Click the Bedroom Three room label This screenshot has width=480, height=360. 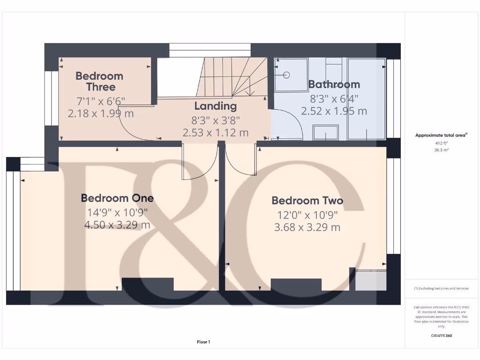[x=99, y=81]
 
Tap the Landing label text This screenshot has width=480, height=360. [x=216, y=106]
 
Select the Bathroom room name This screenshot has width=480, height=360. [x=334, y=84]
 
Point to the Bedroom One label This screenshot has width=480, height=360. [x=117, y=198]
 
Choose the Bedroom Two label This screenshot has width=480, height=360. [x=307, y=201]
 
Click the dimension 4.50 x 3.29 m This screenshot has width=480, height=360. [x=117, y=225]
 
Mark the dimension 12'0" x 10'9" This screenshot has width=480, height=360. [x=307, y=216]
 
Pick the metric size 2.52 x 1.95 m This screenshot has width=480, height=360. [x=334, y=111]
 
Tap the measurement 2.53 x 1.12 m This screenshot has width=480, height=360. [x=216, y=133]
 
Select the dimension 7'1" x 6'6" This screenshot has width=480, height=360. [x=101, y=100]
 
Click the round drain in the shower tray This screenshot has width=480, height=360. [x=287, y=74]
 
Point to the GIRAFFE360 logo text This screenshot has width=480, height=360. [x=441, y=336]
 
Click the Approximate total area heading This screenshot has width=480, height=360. [x=441, y=135]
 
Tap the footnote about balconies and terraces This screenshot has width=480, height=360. [x=441, y=288]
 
